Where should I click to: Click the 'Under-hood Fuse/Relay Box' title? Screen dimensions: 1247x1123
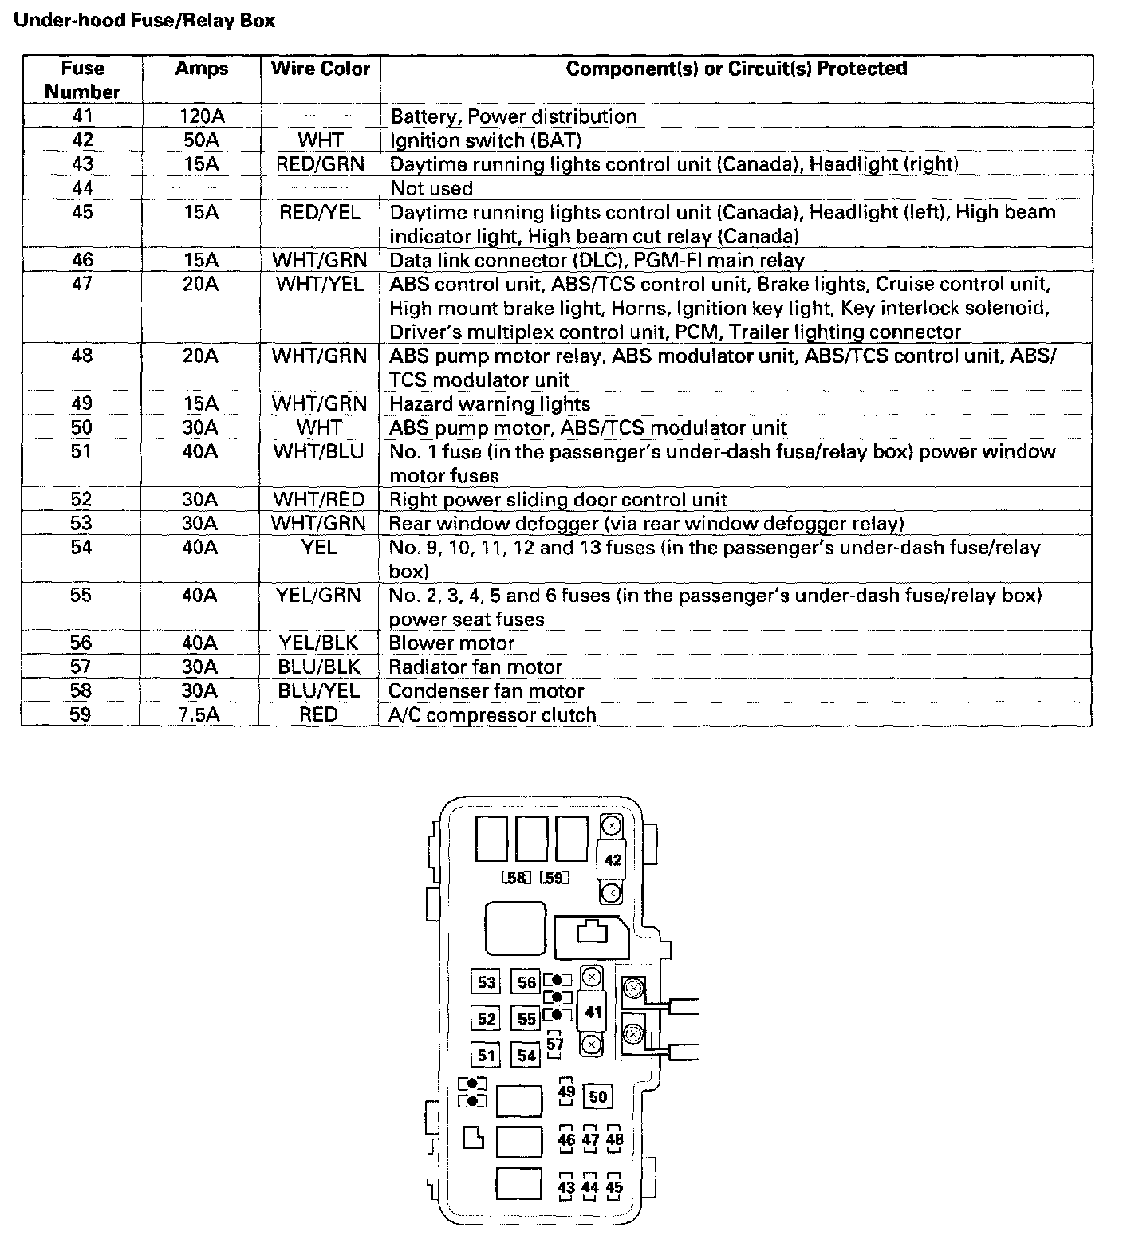(144, 21)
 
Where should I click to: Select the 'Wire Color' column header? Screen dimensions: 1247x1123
(321, 69)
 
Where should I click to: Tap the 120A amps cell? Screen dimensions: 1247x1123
(202, 116)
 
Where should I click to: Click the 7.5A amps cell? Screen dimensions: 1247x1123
(199, 714)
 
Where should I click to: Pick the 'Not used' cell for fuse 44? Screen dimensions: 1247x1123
(431, 188)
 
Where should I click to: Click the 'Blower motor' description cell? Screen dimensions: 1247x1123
(451, 643)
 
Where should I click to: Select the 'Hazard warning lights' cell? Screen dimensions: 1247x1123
(490, 403)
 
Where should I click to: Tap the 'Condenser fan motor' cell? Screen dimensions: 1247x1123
(487, 690)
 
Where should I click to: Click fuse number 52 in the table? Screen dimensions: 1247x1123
(81, 499)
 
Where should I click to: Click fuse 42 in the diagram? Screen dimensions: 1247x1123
(613, 860)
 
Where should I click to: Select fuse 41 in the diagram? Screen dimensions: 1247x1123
(593, 1012)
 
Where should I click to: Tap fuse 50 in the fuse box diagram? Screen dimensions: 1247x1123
(598, 1096)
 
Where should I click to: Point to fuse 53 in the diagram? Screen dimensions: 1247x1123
(487, 981)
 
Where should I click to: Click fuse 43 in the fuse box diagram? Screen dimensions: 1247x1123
(566, 1187)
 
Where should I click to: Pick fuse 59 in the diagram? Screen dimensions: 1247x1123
(554, 878)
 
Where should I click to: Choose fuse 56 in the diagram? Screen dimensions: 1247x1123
(526, 981)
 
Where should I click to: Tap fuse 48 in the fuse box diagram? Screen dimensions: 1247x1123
(614, 1139)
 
